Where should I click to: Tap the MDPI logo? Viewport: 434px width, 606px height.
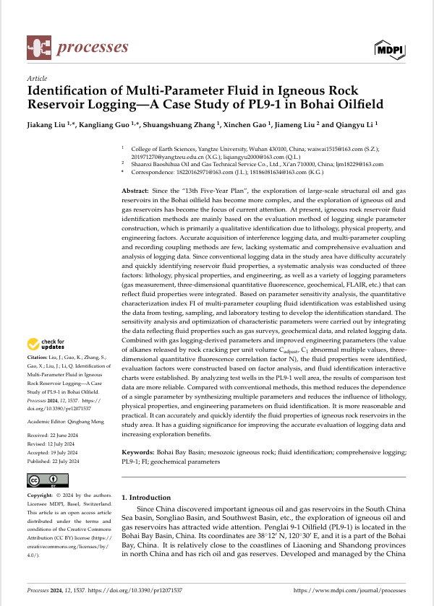point(390,49)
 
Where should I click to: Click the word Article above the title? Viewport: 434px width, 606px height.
point(37,78)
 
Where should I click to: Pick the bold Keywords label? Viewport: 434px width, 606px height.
point(140,451)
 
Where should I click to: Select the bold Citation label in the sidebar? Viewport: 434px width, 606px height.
point(39,358)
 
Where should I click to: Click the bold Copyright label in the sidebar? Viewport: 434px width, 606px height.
point(43,495)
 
